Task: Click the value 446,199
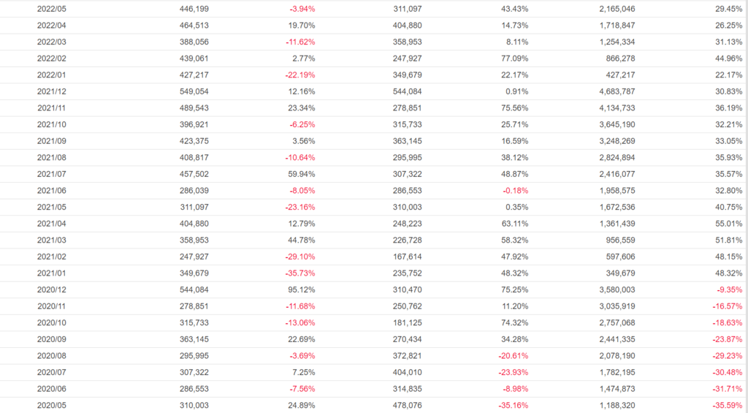pos(194,9)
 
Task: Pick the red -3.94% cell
pos(300,9)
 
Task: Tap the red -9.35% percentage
pos(728,289)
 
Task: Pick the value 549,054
pos(194,91)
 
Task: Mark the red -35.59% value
pos(726,405)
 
